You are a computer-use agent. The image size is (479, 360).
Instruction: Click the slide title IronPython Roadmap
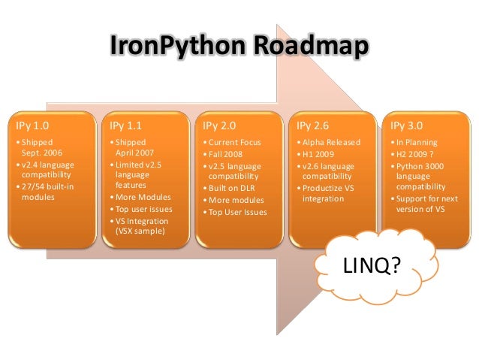pos(239,47)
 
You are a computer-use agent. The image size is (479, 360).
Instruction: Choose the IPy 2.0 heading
pos(218,125)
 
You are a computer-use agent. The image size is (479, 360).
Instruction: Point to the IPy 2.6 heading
pos(312,125)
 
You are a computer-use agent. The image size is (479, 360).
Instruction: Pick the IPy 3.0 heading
pos(405,125)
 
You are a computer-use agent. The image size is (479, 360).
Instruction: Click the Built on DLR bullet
pos(232,189)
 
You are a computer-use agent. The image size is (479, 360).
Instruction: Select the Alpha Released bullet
pos(331,141)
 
